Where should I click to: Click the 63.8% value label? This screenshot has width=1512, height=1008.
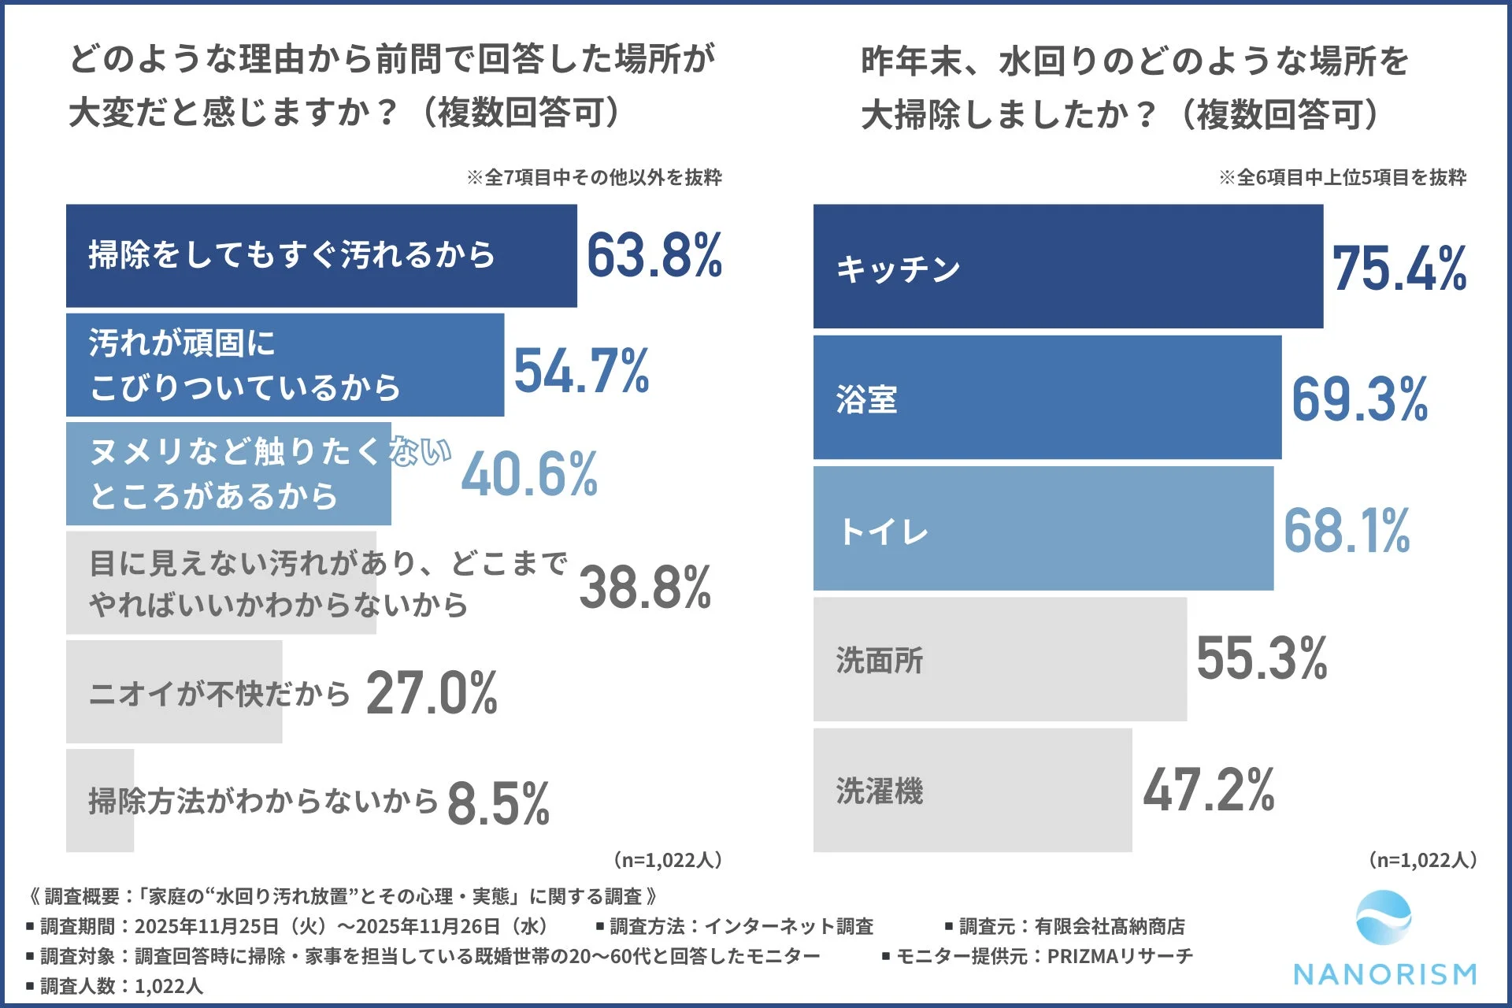click(x=654, y=256)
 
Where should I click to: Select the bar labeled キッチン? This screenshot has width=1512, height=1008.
click(x=1067, y=266)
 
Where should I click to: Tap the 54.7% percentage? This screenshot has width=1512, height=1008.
click(x=581, y=370)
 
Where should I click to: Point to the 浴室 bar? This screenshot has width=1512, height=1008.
click(x=1047, y=398)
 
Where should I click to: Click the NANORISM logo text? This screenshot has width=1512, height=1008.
click(x=1384, y=974)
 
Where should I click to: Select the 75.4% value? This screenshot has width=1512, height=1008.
click(x=1399, y=269)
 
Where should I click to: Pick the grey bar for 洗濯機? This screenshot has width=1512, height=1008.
click(x=972, y=790)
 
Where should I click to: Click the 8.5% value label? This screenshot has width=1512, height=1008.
click(x=498, y=803)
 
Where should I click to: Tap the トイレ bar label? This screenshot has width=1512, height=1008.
click(x=884, y=532)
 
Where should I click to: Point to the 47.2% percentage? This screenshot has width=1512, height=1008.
click(x=1208, y=790)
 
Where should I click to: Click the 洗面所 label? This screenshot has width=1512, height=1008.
click(x=879, y=661)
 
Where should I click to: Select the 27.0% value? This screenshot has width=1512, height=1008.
click(x=432, y=693)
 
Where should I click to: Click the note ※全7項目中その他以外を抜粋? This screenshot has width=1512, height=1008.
click(x=594, y=177)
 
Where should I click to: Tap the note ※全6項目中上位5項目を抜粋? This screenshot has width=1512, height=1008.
click(x=1342, y=177)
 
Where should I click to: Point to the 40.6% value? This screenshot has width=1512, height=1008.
click(x=529, y=474)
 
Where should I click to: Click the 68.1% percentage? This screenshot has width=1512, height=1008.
click(x=1346, y=530)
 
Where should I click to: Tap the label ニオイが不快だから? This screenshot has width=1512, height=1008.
click(x=219, y=694)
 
